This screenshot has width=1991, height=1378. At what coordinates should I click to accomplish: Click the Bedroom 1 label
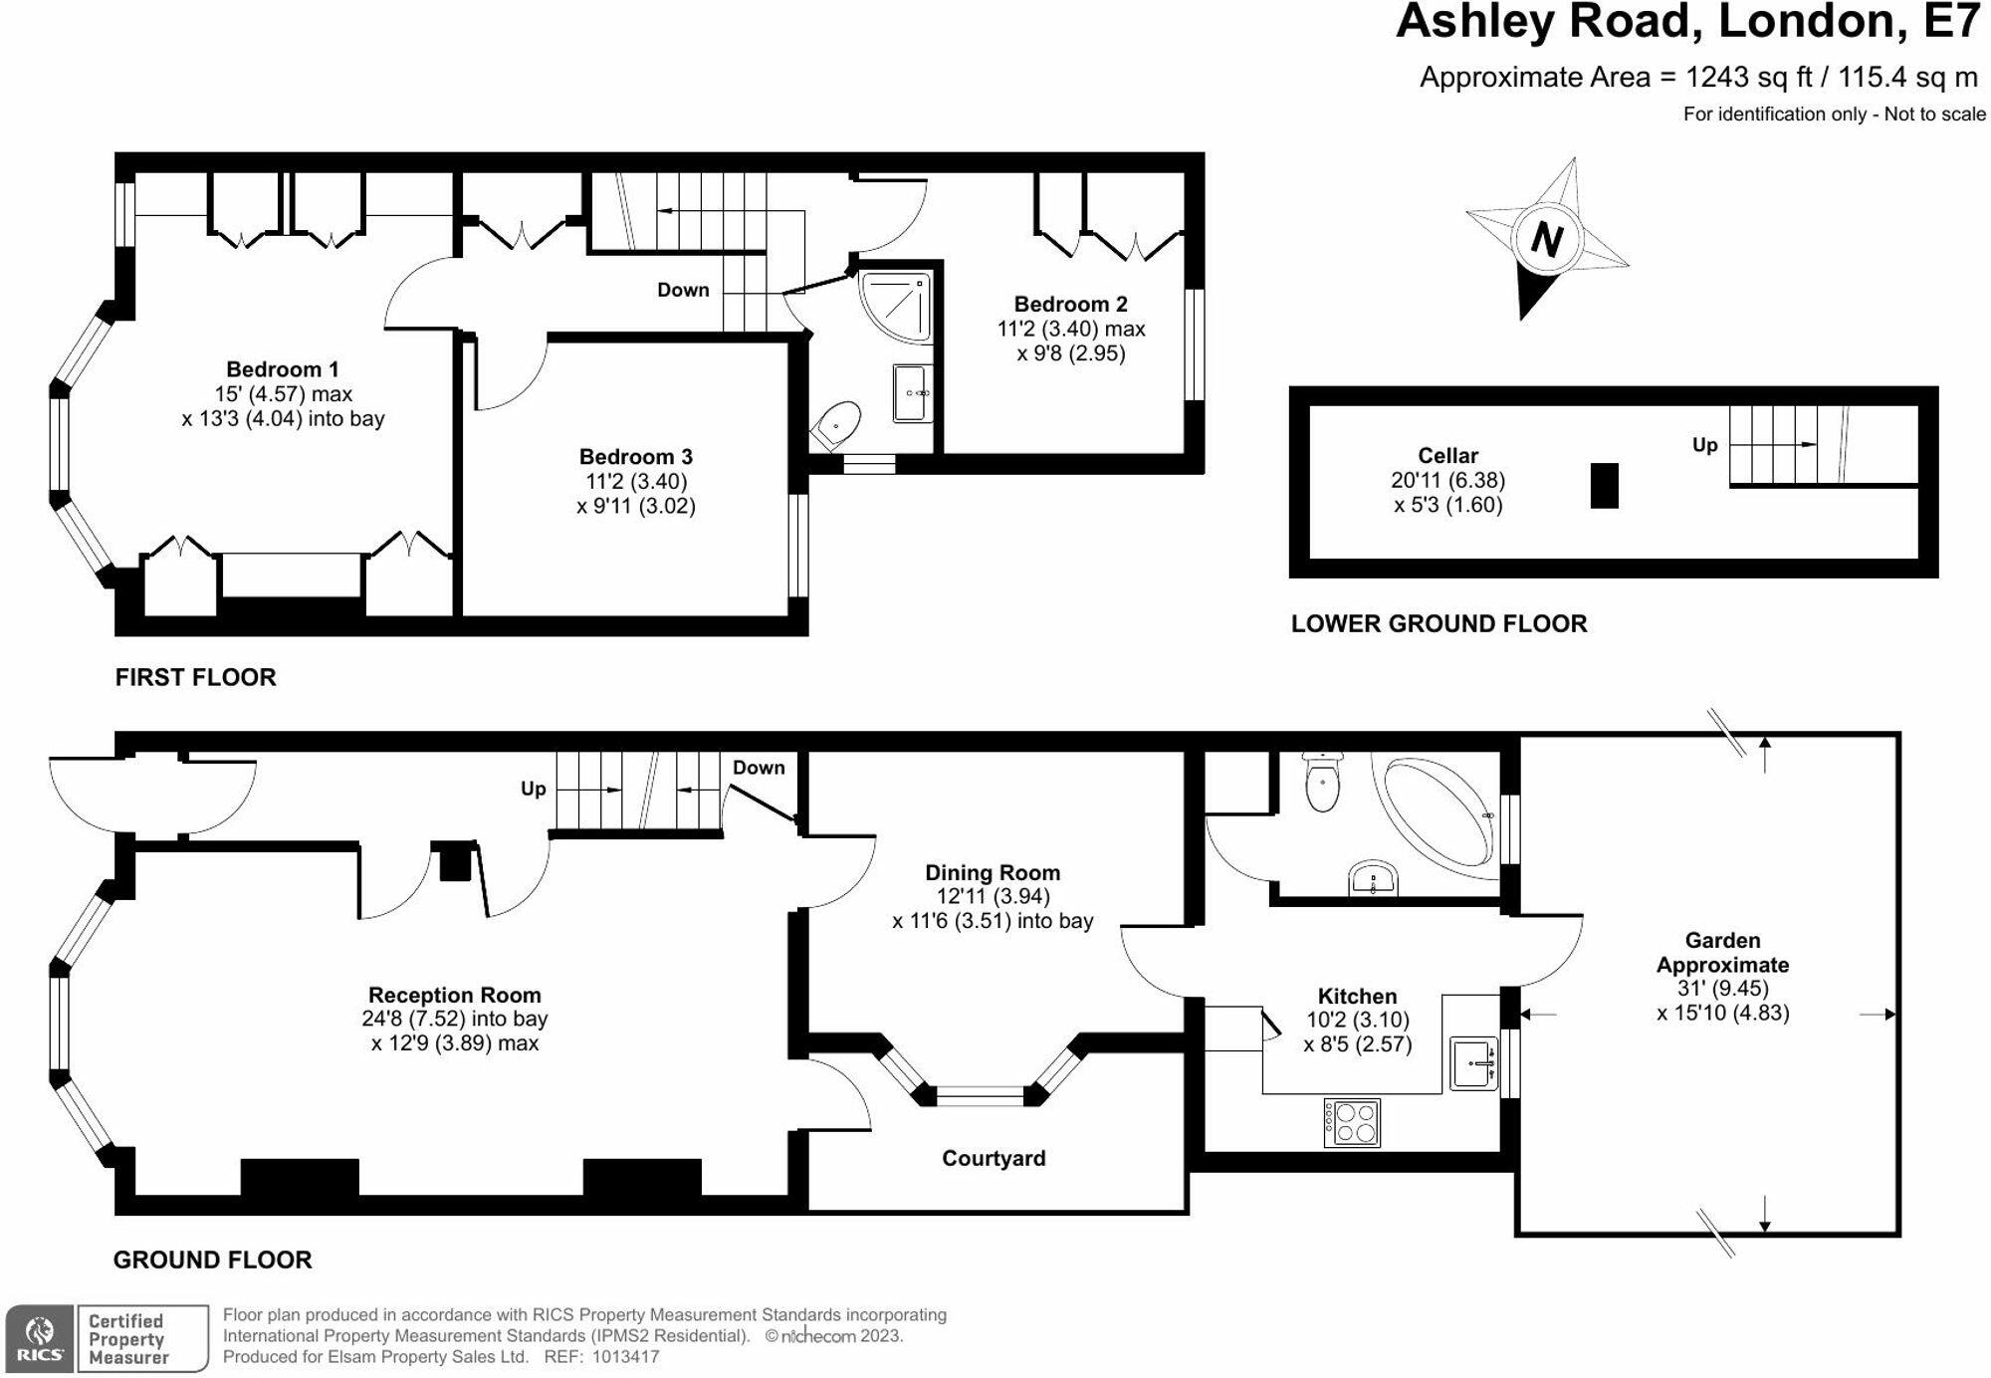tap(283, 369)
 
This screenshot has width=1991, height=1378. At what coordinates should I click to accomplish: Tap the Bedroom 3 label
tap(636, 457)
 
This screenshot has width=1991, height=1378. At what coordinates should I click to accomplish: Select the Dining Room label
tap(993, 873)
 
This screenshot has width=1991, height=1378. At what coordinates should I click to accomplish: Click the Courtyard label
tap(994, 1158)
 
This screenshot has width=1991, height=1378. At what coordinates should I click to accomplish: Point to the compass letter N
tap(1546, 239)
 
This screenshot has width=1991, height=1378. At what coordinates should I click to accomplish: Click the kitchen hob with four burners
tap(1352, 1122)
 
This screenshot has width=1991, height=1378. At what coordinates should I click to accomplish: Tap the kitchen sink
tap(1473, 1063)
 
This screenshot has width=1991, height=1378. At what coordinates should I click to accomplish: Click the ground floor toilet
tap(1323, 783)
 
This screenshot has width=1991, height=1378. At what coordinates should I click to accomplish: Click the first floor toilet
tap(836, 425)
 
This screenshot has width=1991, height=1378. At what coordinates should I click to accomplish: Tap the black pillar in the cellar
tap(1604, 486)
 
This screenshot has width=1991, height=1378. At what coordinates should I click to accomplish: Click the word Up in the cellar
tap(1704, 445)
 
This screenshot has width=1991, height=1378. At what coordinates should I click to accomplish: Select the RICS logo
tap(39, 1338)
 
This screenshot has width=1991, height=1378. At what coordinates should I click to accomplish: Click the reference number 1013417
tap(625, 1356)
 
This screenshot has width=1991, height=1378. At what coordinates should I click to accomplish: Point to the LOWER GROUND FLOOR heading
tap(1438, 624)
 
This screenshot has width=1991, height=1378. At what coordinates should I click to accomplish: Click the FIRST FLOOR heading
tap(195, 677)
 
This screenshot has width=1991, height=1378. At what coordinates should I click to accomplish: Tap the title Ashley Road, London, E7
tap(1686, 22)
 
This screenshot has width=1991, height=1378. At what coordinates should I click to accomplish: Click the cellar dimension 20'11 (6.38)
tap(1447, 480)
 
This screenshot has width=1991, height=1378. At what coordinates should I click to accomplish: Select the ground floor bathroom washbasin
tap(1374, 879)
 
